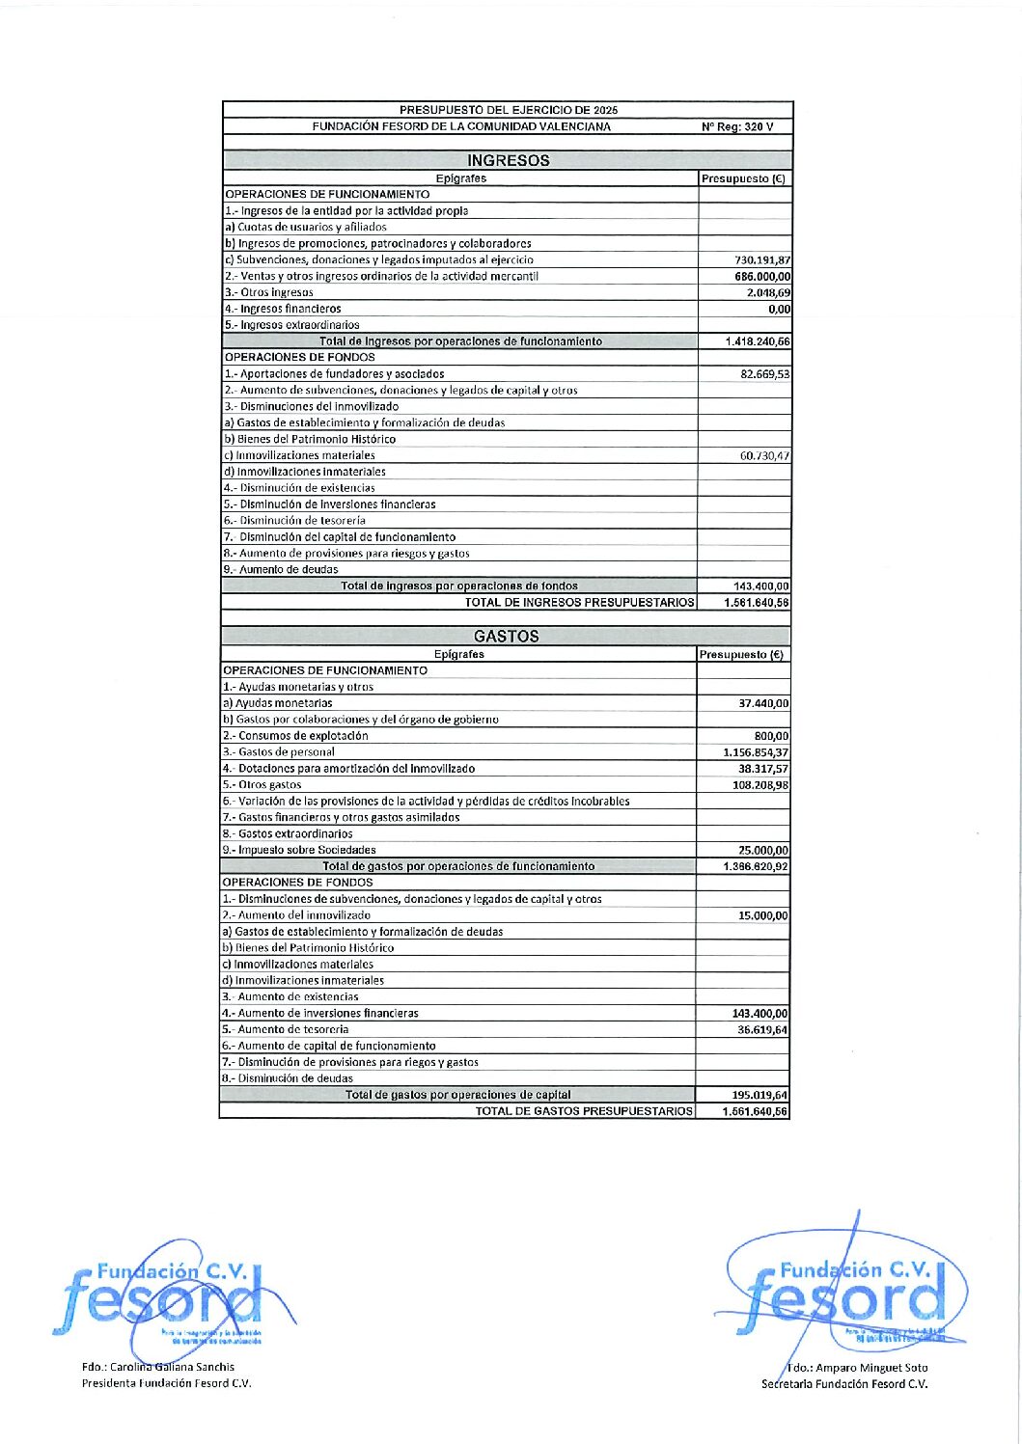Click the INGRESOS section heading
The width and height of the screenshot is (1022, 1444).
508,161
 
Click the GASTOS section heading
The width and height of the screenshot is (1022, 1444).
506,637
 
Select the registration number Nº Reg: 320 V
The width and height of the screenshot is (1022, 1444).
737,127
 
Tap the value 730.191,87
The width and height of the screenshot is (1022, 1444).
762,260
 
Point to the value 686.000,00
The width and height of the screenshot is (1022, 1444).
762,277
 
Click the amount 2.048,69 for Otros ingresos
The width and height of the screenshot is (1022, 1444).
768,293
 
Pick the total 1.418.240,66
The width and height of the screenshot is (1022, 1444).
758,341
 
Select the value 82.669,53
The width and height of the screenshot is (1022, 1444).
764,374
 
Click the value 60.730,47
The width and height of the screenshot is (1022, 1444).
764,456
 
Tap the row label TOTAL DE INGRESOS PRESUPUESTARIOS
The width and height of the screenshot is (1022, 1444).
579,603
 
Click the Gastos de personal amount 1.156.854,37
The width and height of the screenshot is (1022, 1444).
756,752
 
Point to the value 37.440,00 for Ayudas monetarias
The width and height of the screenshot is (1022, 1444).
763,704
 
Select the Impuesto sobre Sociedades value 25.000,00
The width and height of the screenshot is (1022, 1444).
763,851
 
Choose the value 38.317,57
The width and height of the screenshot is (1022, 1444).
763,769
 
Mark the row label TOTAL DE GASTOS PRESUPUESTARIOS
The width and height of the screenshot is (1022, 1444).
583,1111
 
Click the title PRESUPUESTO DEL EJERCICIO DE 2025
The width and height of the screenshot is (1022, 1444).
509,110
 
